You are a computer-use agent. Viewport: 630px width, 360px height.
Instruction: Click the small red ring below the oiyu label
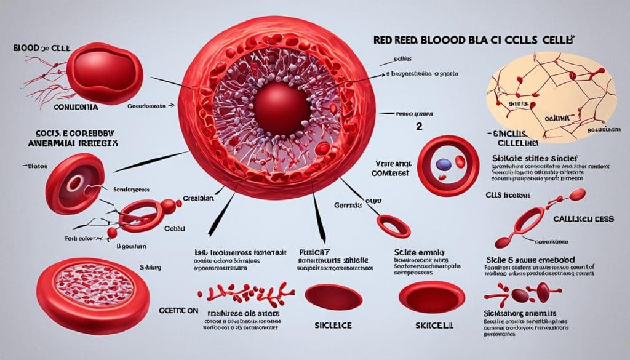tap(391, 224)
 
